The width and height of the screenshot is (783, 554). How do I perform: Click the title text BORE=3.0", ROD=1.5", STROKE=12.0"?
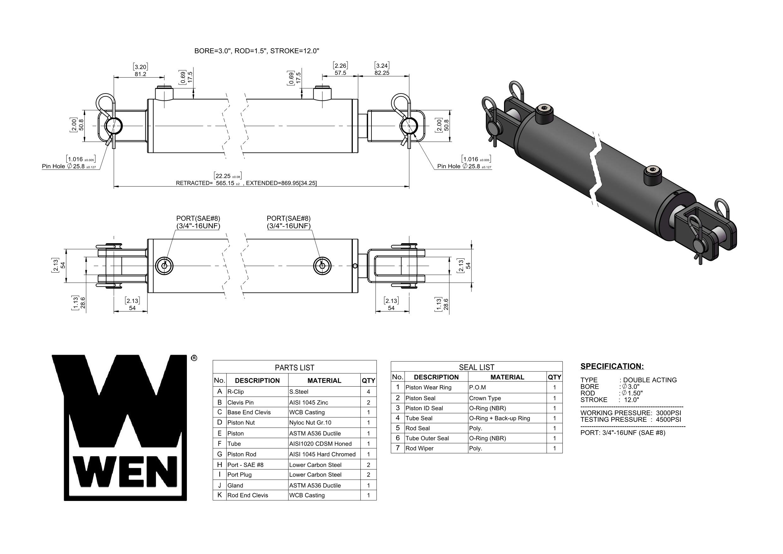tap(257, 51)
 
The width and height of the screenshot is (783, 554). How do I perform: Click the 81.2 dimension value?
tap(140, 74)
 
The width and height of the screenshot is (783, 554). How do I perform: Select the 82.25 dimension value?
tap(382, 73)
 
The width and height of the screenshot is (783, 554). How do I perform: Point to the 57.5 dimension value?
tap(340, 73)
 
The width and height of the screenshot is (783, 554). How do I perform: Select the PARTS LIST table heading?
tap(294, 368)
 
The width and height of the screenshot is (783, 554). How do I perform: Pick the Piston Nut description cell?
tap(241, 423)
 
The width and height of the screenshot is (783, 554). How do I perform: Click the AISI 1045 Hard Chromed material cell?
tap(322, 454)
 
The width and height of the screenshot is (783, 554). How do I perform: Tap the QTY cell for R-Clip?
tap(368, 392)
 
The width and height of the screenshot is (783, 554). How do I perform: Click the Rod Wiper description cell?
tap(419, 449)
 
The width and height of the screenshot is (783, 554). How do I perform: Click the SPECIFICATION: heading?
tap(612, 367)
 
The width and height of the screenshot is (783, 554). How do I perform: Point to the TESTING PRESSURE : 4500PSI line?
tap(630, 419)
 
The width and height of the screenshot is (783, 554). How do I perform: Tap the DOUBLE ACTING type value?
tap(649, 380)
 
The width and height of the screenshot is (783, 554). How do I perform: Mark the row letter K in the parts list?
tap(220, 495)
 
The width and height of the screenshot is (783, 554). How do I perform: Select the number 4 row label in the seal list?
tap(397, 418)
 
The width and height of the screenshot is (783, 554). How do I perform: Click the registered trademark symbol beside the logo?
tap(194, 358)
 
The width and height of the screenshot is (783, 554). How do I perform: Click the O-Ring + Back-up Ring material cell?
tap(499, 419)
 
